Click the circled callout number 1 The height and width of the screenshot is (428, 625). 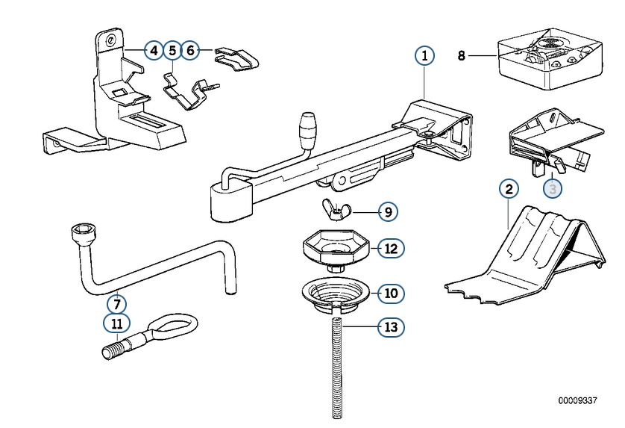424,55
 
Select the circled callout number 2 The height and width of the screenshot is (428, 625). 508,188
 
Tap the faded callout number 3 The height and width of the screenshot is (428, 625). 553,189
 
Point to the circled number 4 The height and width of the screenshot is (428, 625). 153,51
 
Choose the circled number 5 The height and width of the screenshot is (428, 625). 172,51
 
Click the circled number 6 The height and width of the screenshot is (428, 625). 191,51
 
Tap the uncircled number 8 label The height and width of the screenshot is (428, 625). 462,55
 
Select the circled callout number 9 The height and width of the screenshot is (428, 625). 387,212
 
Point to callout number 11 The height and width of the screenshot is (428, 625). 116,323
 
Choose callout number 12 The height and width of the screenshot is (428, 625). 390,248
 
